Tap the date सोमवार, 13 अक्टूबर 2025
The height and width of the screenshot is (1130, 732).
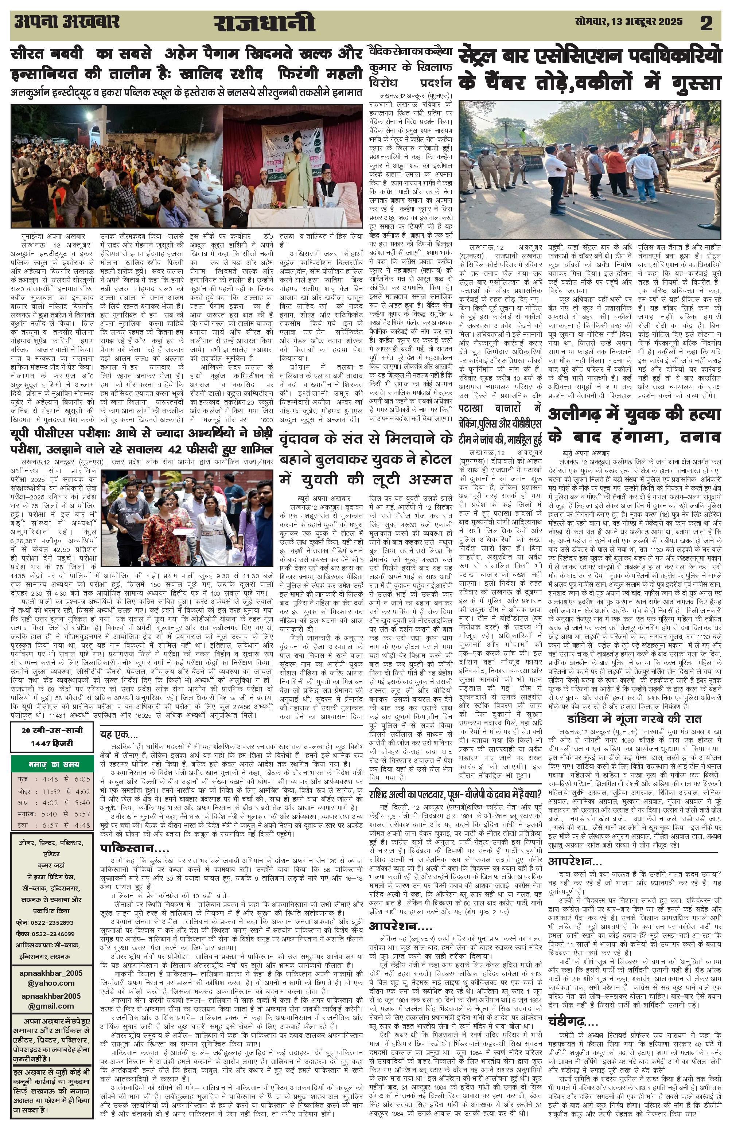[628, 22]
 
